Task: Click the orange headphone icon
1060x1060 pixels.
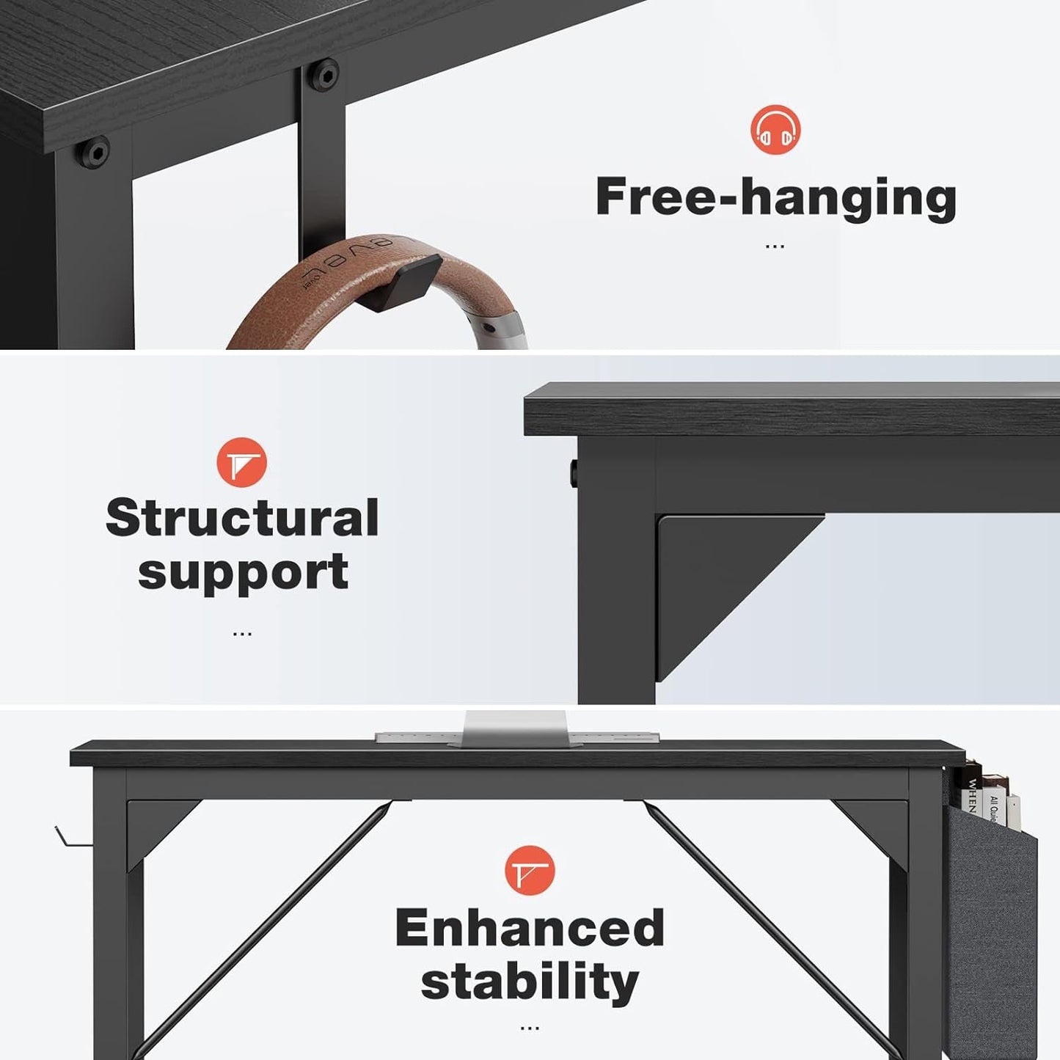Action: click(x=775, y=130)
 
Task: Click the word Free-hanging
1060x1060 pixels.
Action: click(x=775, y=197)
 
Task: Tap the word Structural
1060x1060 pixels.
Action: click(x=242, y=518)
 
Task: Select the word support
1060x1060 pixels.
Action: click(x=243, y=573)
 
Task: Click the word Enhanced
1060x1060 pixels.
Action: click(x=530, y=928)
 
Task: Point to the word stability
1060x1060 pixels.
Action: click(x=530, y=982)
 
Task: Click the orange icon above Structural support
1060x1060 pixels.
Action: click(x=241, y=462)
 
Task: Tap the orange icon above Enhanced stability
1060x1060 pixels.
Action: click(x=530, y=870)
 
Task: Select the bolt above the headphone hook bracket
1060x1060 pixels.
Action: click(x=324, y=74)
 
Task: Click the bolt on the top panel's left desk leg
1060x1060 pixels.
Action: click(x=95, y=152)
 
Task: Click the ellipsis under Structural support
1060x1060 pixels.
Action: click(x=242, y=633)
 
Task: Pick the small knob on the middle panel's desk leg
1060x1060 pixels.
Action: click(x=572, y=474)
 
